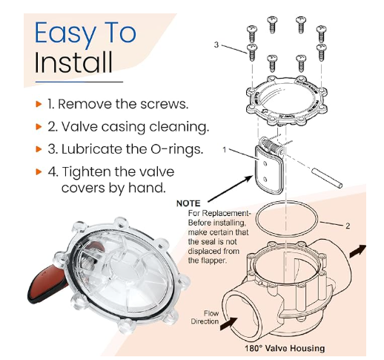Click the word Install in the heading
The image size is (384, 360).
(x=73, y=62)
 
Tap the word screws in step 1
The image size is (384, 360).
(x=165, y=104)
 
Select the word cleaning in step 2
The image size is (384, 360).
(x=179, y=127)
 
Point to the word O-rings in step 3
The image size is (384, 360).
(x=176, y=149)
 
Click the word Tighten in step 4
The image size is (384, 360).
(x=93, y=172)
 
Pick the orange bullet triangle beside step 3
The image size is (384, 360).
(x=39, y=149)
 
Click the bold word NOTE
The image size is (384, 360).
(x=188, y=203)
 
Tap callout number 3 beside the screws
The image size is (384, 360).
(x=216, y=45)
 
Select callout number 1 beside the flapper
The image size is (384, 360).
(x=225, y=150)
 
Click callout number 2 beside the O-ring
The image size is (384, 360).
(x=348, y=226)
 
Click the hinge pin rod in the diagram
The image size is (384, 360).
(x=326, y=177)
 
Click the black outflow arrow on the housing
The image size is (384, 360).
(x=357, y=251)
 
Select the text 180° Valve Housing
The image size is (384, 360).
(x=285, y=348)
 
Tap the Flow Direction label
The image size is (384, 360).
(x=205, y=317)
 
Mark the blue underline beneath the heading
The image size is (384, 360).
(x=79, y=82)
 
